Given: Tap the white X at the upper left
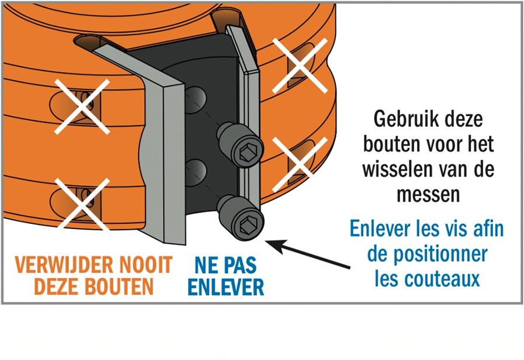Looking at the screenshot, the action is tap(82, 106).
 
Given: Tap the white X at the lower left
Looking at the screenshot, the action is tap(82, 203).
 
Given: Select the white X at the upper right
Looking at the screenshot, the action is tap(300, 65).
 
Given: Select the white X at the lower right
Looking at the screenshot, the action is tap(300, 164).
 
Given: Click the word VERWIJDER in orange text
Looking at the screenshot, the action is tap(65, 265).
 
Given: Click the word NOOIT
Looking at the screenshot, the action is tap(146, 265).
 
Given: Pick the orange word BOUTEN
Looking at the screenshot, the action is tap(119, 286).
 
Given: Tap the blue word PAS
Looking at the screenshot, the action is tap(240, 265).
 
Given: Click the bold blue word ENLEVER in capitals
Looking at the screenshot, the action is tap(226, 286).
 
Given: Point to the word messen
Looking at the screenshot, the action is tap(428, 194).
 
